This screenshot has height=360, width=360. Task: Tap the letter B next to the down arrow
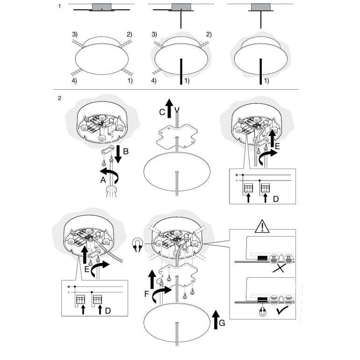pos(126,151)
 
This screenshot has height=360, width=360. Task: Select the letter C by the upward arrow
pos(162,112)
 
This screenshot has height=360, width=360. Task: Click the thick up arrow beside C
pos(170,107)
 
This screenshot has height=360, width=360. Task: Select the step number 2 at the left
pos(59,98)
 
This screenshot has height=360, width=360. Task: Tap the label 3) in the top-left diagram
pos(75,35)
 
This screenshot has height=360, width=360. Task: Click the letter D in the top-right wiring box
pos(276,198)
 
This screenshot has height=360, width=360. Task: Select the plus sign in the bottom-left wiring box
pos(69,285)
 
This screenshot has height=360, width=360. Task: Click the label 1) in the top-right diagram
pos(267,81)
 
